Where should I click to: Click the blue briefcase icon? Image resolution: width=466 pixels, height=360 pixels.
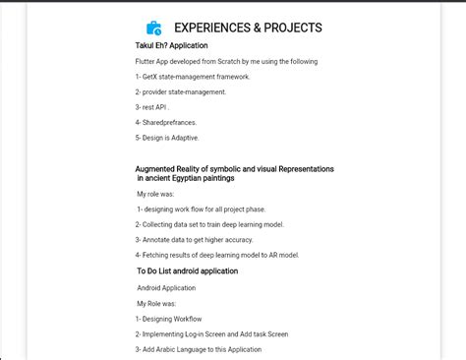click(154, 29)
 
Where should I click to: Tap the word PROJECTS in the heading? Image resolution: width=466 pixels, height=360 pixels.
click(291, 29)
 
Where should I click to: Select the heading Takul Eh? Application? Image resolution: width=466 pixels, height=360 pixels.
click(172, 45)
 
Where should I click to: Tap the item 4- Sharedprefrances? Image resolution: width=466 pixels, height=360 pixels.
click(166, 122)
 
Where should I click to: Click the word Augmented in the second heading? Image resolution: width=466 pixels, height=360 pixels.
click(160, 169)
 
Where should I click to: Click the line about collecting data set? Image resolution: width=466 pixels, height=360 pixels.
click(209, 224)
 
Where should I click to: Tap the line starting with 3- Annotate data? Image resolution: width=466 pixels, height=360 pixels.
click(194, 239)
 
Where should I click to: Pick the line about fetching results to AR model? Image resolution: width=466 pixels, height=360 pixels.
click(217, 255)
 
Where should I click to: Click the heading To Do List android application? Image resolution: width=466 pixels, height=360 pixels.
click(187, 270)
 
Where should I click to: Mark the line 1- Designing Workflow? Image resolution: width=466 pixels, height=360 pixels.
click(168, 319)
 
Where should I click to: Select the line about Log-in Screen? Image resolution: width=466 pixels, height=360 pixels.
click(211, 334)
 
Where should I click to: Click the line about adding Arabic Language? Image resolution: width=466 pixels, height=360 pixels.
click(199, 349)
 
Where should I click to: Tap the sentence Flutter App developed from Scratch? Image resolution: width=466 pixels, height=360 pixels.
click(226, 61)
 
